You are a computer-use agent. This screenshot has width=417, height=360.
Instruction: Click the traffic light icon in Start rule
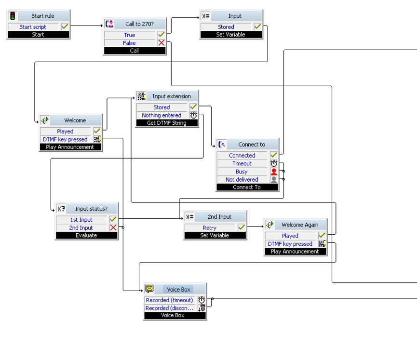pos(13,16)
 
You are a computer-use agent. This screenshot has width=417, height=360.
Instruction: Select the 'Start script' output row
pos(33,27)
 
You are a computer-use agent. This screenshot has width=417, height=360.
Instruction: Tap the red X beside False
pos(161,43)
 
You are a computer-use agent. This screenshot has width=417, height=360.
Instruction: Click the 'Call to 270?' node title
pos(139,24)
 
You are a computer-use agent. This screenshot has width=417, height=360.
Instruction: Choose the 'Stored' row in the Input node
pos(226,27)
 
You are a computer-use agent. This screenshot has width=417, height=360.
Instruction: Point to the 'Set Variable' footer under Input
pos(230,35)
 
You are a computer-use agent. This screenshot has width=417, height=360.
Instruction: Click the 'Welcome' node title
pos(75,120)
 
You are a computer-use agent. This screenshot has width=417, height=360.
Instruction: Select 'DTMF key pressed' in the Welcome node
pos(65,139)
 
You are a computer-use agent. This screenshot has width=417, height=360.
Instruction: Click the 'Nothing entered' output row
pos(161,115)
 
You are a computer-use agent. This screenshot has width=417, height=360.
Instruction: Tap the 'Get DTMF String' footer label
pos(166,123)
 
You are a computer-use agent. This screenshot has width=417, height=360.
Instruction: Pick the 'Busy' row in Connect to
pos(242,172)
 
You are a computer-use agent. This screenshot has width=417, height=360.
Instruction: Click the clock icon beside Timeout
pos(274,163)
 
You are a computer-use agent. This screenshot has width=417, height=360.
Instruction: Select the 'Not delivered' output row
pos(242,179)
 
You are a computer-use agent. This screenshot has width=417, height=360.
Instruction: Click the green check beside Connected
pos(274,155)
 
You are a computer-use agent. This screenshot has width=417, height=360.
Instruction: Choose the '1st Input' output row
pos(81,220)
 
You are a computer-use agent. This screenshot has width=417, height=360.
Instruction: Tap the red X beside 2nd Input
pos(113,227)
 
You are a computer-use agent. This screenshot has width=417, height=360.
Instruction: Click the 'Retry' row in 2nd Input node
pos(209,227)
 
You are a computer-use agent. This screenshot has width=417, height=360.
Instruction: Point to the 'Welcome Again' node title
pos(299,225)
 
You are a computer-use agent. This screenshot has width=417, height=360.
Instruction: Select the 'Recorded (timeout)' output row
pos(169,300)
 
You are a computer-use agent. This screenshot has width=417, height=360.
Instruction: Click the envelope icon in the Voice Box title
pos(150,289)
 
